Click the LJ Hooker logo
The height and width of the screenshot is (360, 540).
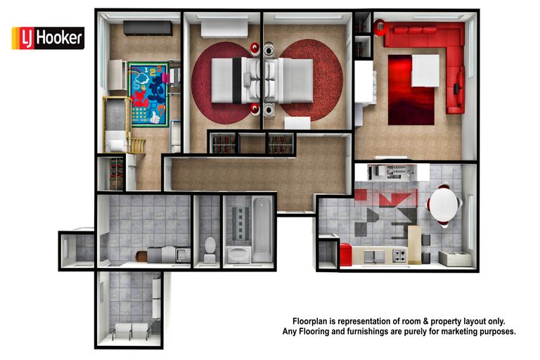click(x=48, y=38)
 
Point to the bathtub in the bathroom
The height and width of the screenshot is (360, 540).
click(x=261, y=228)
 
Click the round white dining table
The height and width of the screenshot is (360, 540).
click(x=444, y=205)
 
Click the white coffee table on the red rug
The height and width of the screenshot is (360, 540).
click(x=425, y=70)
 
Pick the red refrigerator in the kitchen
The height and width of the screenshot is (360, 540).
click(x=345, y=254)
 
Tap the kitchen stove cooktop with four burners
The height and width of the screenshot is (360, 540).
click(x=399, y=255)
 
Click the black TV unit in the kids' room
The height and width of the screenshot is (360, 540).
click(x=148, y=28)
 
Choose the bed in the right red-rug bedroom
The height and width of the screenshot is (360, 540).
click(x=291, y=79)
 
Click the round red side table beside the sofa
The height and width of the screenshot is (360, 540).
click(x=380, y=28)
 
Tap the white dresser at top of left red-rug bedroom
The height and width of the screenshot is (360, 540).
click(x=224, y=28)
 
